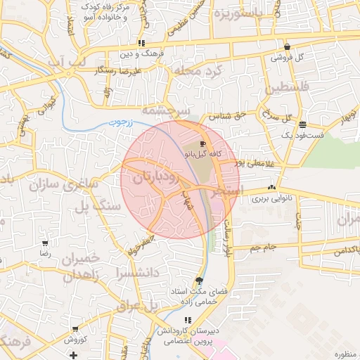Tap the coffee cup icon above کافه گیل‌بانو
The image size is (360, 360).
click(203, 143)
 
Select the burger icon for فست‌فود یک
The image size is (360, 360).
click(302, 124)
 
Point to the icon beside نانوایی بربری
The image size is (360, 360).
click(271, 188)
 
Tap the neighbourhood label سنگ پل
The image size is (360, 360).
click(101, 207)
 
